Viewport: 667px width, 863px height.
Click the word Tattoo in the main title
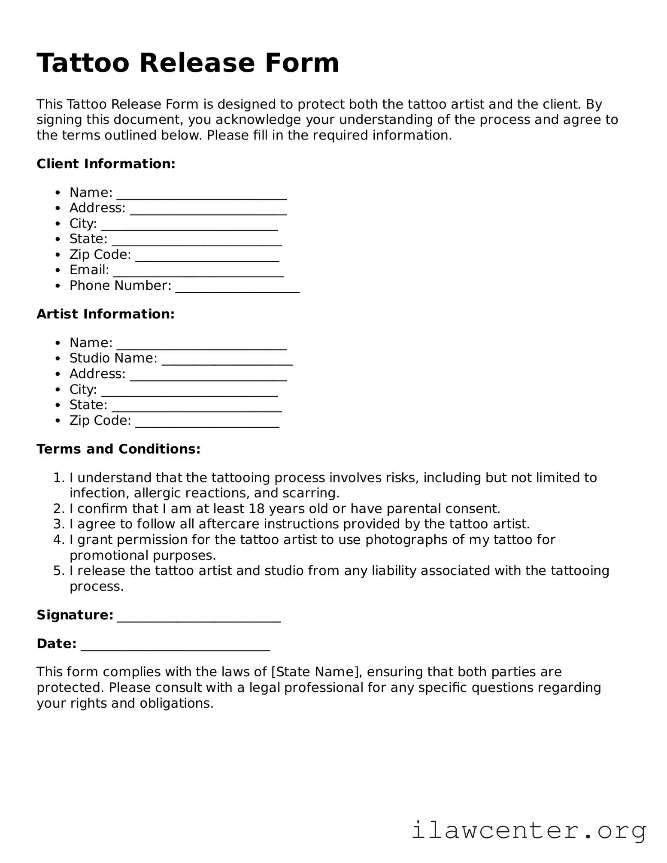(x=83, y=63)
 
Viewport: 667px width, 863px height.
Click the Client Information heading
(x=106, y=164)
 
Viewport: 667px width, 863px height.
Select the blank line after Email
(x=198, y=271)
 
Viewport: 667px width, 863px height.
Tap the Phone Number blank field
(x=237, y=287)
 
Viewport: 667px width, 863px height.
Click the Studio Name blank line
(x=227, y=359)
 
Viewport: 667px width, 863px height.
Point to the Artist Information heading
(x=106, y=314)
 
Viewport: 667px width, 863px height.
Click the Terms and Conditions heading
(x=118, y=449)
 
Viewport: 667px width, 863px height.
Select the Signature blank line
(x=199, y=616)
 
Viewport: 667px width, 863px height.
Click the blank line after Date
(x=175, y=645)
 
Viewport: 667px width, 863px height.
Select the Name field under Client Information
(x=201, y=194)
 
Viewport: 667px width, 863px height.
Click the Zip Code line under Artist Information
(x=207, y=421)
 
